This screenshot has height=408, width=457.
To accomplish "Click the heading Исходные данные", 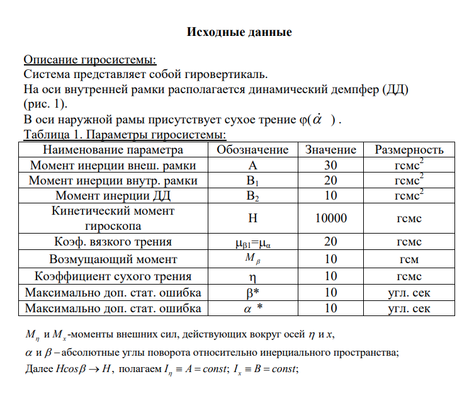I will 239,32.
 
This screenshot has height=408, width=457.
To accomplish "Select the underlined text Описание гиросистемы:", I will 90,60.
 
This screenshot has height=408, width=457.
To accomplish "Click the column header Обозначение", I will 252,150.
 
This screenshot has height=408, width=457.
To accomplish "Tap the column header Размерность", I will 409,150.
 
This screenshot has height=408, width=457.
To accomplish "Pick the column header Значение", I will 330,150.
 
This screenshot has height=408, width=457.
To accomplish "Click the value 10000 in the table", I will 330,218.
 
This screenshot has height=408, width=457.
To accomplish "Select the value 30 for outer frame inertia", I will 330,166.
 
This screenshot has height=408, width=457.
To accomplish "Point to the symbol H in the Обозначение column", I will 252,218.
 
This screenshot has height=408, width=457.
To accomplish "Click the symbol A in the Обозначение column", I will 252,166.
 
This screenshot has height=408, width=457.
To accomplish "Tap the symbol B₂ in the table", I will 252,196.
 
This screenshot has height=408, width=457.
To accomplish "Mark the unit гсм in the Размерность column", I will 409,259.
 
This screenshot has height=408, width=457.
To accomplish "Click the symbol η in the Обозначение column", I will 252,276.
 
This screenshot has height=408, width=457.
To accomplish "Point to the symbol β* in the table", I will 252,293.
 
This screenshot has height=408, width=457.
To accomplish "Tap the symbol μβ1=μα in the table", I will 252,242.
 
